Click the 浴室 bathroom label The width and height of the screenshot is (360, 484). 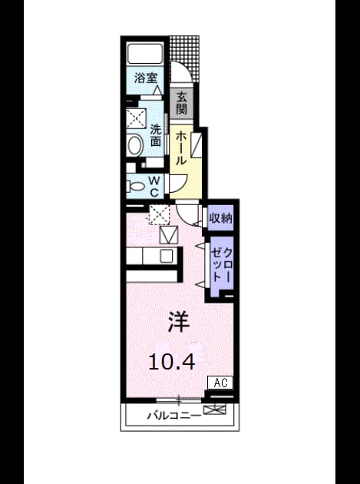[x=146, y=78]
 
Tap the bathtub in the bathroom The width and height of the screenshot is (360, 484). [x=145, y=54]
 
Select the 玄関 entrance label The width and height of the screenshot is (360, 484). [x=182, y=104]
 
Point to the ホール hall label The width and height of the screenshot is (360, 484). [x=181, y=148]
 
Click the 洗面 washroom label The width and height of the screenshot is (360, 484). [x=156, y=135]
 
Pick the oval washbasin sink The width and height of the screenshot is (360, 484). [x=135, y=145]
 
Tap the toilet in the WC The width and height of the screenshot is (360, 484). [x=135, y=187]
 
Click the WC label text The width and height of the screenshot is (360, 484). [x=154, y=186]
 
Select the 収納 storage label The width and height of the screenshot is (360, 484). [x=221, y=218]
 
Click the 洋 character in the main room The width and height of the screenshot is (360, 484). [x=179, y=322]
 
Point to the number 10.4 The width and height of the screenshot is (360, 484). [x=172, y=362]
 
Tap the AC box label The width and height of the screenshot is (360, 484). [x=220, y=383]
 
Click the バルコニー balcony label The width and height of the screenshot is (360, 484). [x=173, y=416]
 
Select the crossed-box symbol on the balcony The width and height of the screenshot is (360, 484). [x=215, y=409]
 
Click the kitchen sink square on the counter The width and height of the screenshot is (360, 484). [x=167, y=256]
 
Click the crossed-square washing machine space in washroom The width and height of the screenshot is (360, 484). [x=136, y=118]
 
